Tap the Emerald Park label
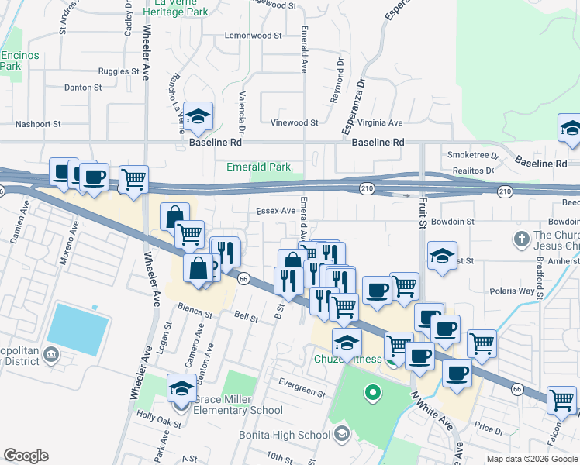(x=258, y=167)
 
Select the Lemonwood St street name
(x=253, y=36)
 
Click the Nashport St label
(x=38, y=124)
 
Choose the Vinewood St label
(x=294, y=122)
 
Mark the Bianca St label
(x=197, y=313)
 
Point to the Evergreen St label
(x=303, y=394)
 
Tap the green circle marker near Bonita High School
(x=373, y=392)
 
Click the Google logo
(x=26, y=456)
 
